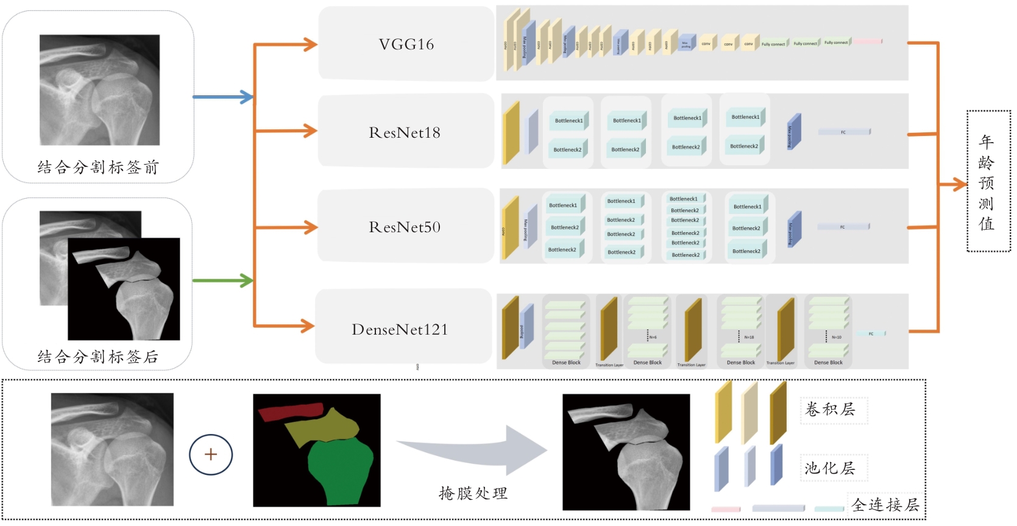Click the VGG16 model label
(406, 44)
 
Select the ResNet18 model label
(405, 133)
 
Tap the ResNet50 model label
(405, 227)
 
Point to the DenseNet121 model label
(400, 330)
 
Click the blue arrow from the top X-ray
(222, 97)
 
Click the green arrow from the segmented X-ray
(222, 281)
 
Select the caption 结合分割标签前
(98, 168)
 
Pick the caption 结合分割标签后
(98, 357)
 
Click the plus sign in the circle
(211, 455)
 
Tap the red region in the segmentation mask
(289, 412)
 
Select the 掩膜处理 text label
(473, 493)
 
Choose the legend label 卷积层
(830, 410)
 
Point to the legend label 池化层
(830, 468)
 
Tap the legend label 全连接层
(885, 505)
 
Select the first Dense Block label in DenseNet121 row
(566, 363)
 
